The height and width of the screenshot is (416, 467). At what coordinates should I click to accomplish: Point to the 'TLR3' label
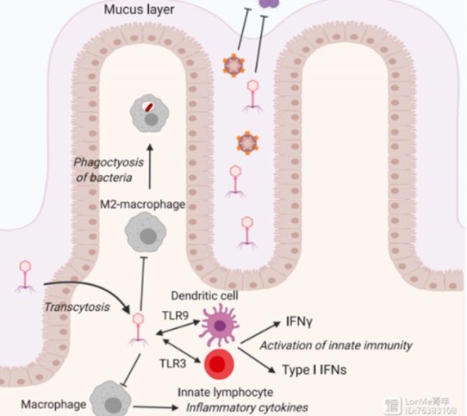click(174, 362)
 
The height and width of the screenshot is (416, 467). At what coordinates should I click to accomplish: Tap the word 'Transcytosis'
click(75, 308)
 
